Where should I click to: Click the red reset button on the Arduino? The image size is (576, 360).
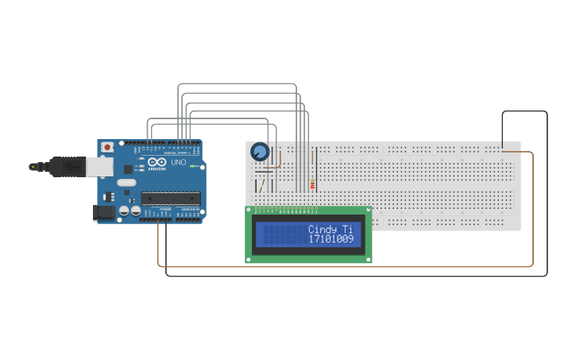[x=107, y=147]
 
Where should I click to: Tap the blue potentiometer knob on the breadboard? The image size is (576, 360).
[x=259, y=151]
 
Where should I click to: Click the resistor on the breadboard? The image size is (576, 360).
[x=312, y=185]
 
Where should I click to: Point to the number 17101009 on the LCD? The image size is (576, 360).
[x=331, y=238]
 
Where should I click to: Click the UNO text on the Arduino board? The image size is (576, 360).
[x=178, y=162]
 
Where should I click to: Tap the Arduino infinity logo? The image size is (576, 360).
[x=156, y=162]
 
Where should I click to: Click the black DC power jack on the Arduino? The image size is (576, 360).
[x=104, y=212]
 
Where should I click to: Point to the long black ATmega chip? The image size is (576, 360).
[x=168, y=198]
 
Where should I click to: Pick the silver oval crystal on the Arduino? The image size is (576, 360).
[x=127, y=183]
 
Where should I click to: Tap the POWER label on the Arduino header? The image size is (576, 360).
[x=165, y=210]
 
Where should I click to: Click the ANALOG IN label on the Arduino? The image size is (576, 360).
[x=191, y=210]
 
